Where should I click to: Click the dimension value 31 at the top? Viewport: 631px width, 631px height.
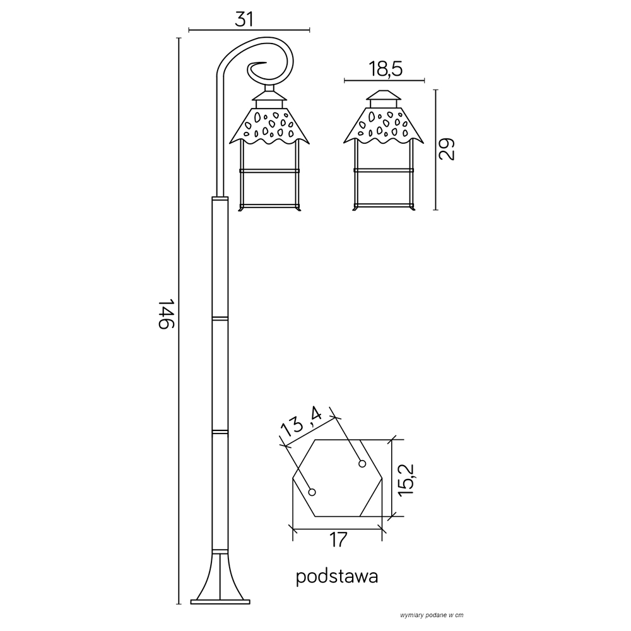point(244,19)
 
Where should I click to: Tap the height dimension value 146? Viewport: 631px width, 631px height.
point(165,314)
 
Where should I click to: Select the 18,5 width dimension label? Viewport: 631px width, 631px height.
point(385,69)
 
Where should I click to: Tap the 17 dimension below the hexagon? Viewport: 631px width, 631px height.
point(338,540)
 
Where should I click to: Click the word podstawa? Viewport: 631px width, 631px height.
point(337,577)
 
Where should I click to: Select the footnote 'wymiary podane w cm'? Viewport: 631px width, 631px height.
point(432,615)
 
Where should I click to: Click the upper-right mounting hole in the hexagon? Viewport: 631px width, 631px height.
point(362,464)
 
